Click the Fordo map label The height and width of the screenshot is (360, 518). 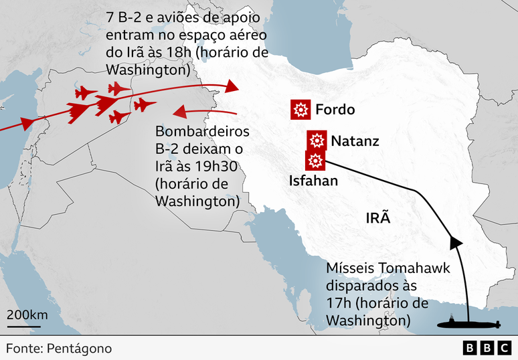pos(335,110)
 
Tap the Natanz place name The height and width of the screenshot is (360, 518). pos(355,141)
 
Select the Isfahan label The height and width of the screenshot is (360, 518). pos(313,181)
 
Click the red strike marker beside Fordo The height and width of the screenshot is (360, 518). pos(300,110)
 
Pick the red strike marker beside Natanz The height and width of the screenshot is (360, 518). pos(317,141)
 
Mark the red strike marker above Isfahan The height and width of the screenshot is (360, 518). pos(315,161)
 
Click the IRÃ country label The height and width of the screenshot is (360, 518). pos(378,218)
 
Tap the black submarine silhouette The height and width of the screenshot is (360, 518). pos(468,325)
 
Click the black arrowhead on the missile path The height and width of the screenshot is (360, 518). pos(455,241)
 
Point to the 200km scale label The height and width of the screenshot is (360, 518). pos(27,314)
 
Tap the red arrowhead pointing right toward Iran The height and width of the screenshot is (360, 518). pos(232,86)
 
